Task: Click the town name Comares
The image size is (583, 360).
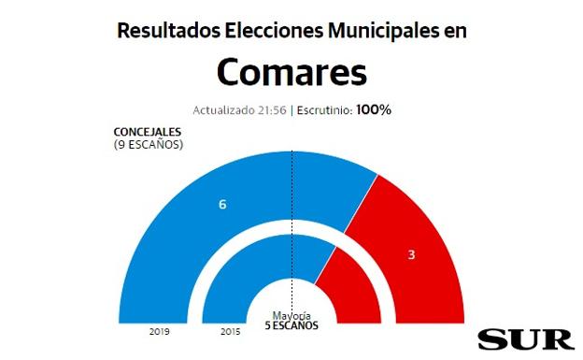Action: point(291,71)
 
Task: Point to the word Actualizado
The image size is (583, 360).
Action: point(225,109)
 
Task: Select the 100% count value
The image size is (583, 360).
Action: point(374,109)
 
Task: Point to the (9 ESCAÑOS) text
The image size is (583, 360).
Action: point(148,144)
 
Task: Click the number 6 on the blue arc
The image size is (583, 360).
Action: point(222,203)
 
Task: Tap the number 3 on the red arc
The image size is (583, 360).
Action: point(411,254)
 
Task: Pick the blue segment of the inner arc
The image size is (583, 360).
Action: point(234,281)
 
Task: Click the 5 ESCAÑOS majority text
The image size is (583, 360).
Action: point(291,326)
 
